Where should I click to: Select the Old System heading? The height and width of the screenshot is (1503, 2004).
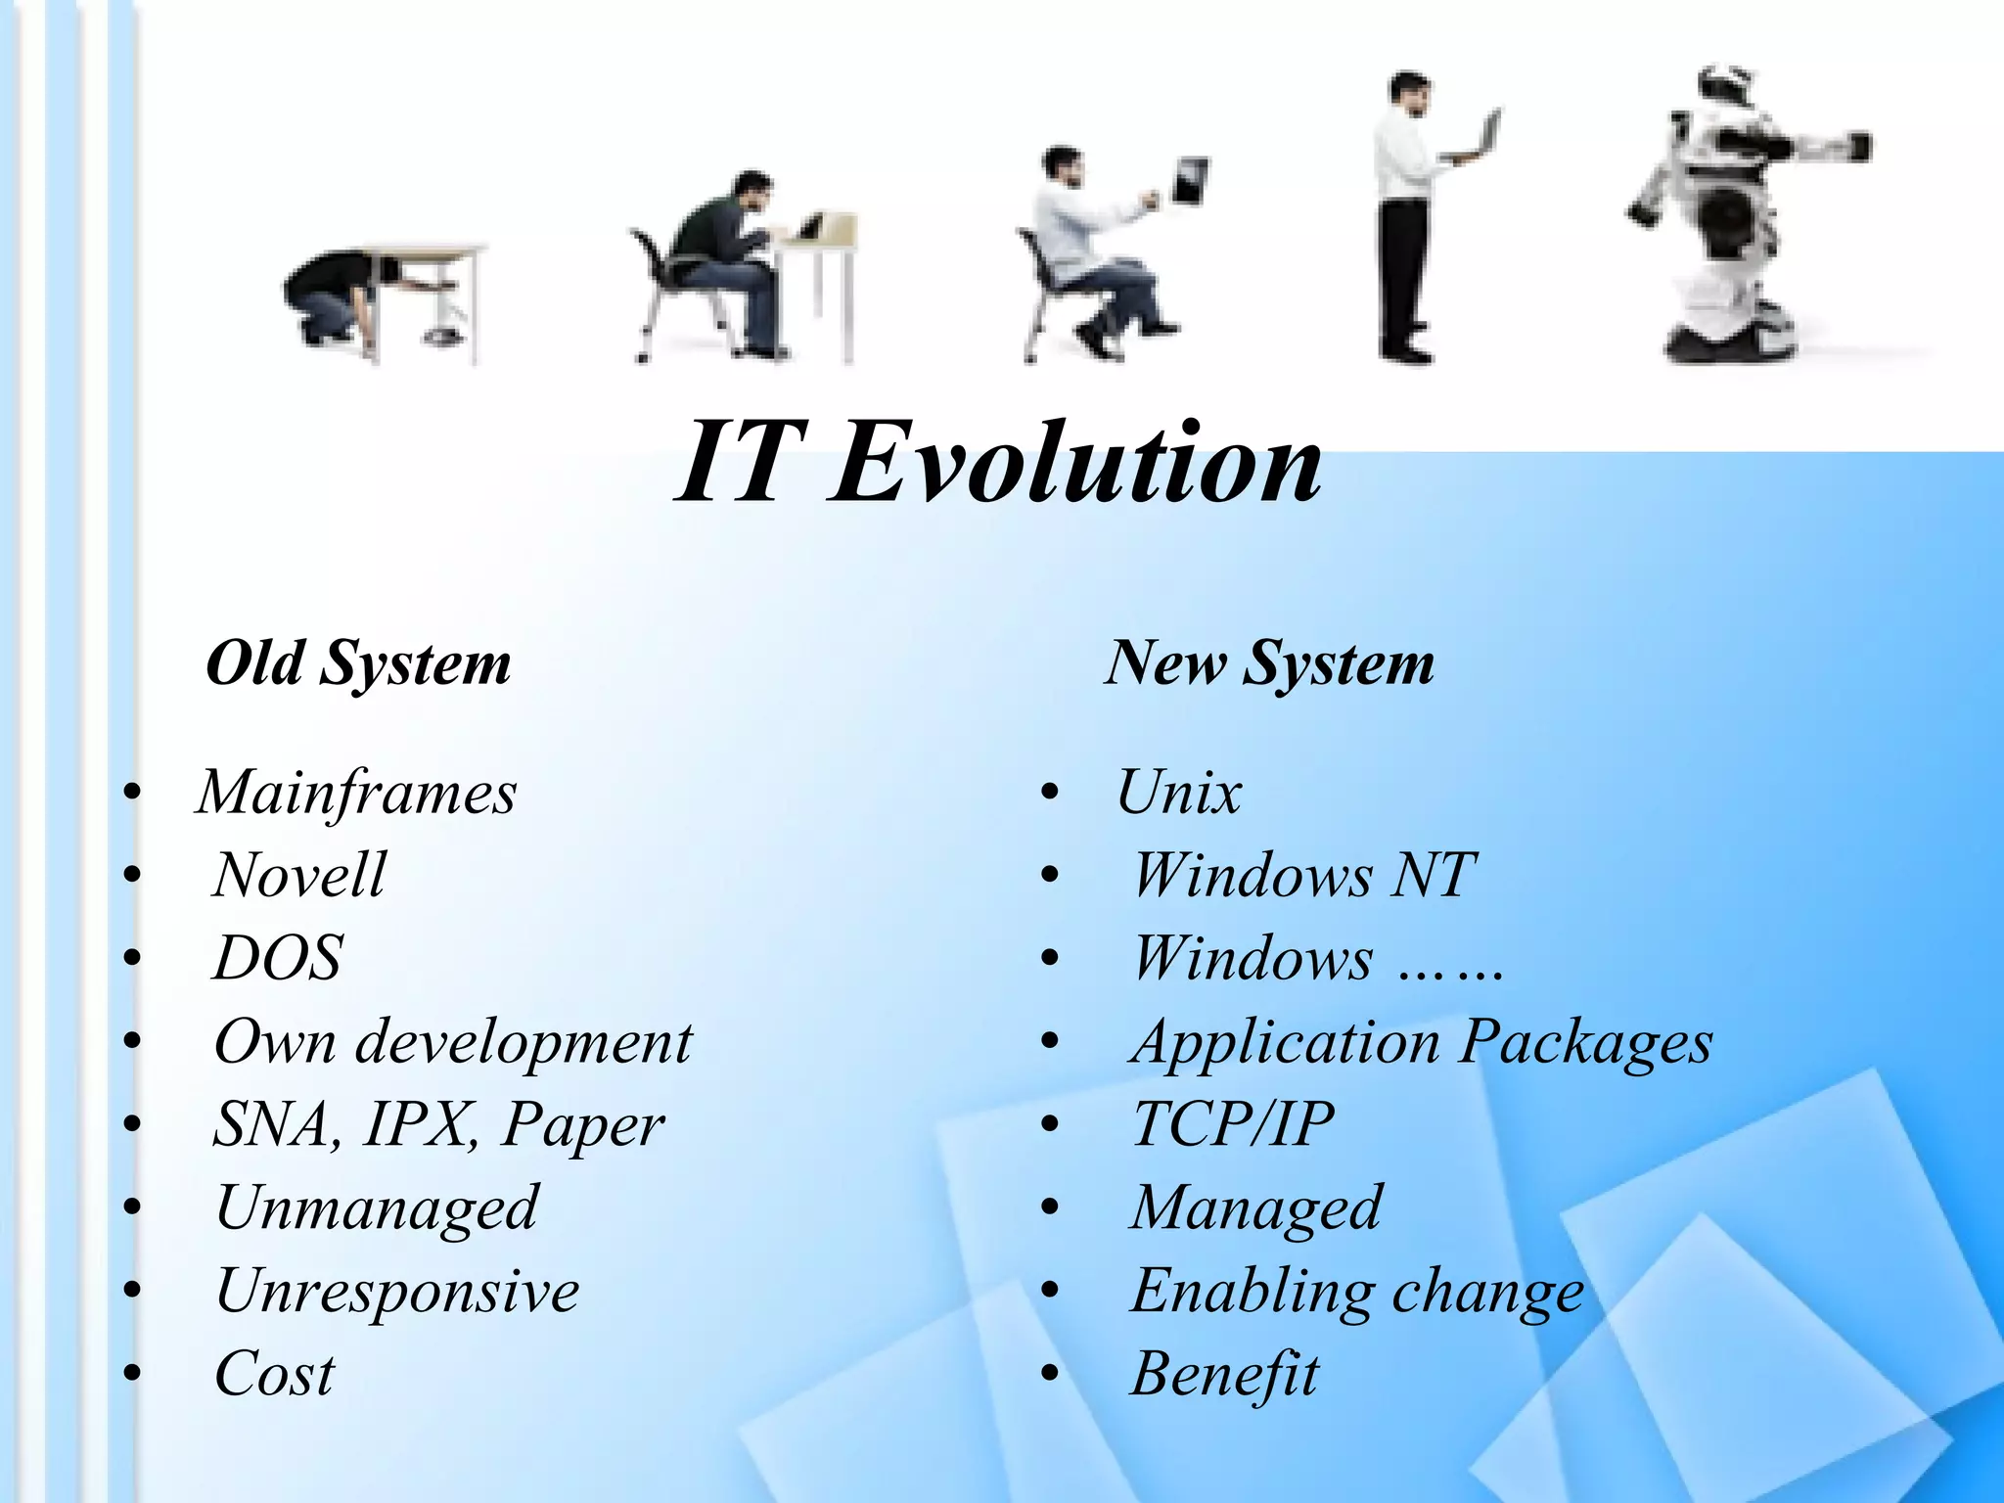pos(358,664)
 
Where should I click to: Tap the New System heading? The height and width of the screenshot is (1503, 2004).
pos(1269,664)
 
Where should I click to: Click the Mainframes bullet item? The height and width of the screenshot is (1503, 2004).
pos(356,793)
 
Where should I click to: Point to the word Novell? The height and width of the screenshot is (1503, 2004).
pos(298,875)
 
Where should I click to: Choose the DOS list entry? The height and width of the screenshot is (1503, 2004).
pos(278,958)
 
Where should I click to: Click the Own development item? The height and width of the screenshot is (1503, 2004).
pos(452,1041)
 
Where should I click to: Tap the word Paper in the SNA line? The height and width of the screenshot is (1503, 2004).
pos(583,1125)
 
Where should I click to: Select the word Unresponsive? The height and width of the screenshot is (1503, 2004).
pos(397,1291)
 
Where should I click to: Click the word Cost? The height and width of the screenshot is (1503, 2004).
pos(274,1374)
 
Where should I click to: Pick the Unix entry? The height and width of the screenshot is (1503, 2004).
pos(1178,793)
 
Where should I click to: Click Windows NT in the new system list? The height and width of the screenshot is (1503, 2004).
pos(1303,875)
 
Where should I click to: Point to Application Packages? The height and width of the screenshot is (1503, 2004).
pos(1421,1041)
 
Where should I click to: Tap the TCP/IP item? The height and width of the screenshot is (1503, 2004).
pos(1233,1124)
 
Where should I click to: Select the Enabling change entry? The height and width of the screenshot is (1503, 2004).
pos(1357,1291)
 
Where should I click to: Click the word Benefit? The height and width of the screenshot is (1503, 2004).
pos(1224,1374)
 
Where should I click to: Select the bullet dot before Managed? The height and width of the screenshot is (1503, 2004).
pos(1051,1209)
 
